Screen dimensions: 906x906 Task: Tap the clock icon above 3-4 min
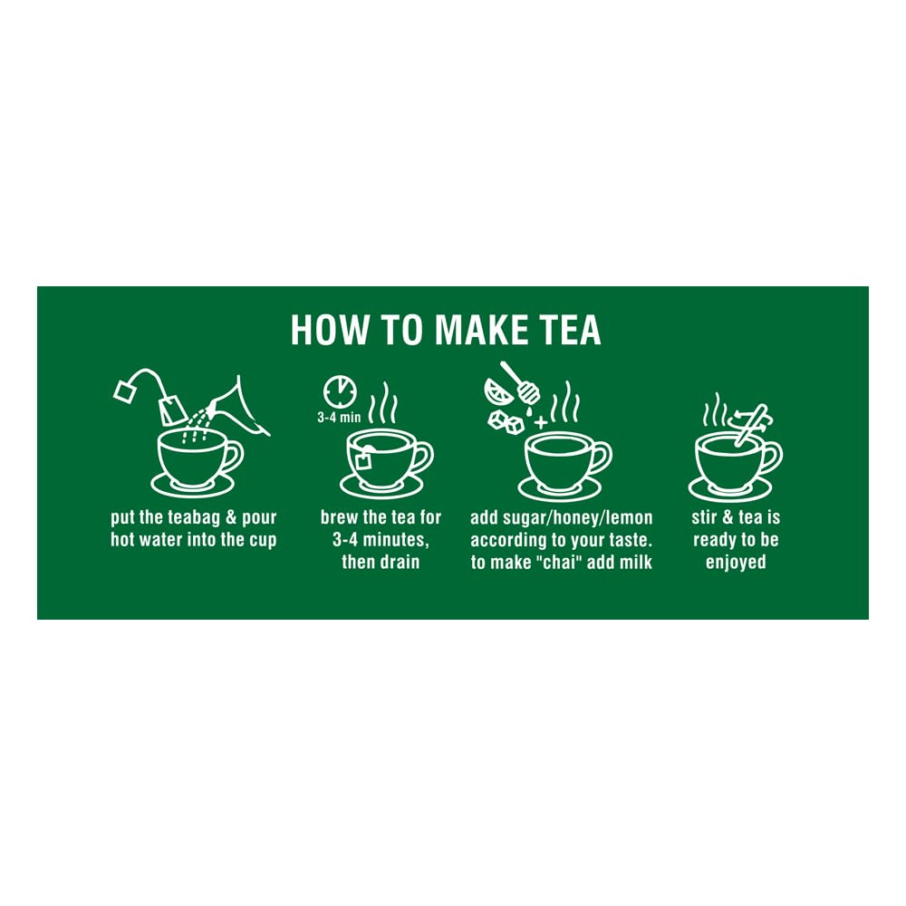pos(340,391)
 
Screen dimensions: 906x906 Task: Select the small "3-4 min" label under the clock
pos(339,418)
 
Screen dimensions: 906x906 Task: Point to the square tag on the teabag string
pos(123,391)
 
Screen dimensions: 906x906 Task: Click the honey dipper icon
pos(517,380)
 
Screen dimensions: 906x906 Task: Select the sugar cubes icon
pos(505,419)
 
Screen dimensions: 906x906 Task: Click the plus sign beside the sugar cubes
pos(541,422)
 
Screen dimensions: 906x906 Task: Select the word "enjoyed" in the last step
pos(736,563)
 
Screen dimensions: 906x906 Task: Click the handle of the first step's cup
pos(233,458)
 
